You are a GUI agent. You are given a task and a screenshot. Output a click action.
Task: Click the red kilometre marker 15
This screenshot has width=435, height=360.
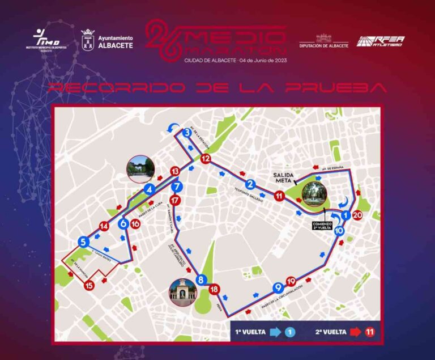[x=89, y=286]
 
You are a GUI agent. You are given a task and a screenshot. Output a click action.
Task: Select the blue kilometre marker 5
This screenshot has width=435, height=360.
[x=84, y=242]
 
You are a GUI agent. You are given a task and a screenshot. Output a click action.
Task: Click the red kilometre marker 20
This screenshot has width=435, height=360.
[x=357, y=215]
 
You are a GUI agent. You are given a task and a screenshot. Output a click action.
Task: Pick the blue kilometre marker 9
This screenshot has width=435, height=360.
[x=278, y=287]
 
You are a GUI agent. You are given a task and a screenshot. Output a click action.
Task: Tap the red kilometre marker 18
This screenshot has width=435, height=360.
[x=214, y=290]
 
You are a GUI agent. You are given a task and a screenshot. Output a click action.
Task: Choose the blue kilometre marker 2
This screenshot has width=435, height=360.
[x=250, y=183]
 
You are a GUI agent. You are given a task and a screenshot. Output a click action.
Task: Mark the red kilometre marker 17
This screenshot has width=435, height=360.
[x=176, y=200]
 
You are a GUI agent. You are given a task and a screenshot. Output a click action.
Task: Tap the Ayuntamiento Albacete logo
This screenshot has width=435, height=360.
[x=108, y=40]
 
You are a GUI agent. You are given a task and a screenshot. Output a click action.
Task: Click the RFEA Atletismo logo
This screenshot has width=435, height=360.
[x=380, y=41]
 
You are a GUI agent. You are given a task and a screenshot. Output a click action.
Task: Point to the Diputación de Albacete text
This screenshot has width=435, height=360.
[x=323, y=45]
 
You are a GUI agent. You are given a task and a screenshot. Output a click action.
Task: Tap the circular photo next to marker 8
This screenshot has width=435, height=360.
[x=183, y=293]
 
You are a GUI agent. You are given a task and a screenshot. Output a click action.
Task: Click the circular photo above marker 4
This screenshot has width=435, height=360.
[x=140, y=168]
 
